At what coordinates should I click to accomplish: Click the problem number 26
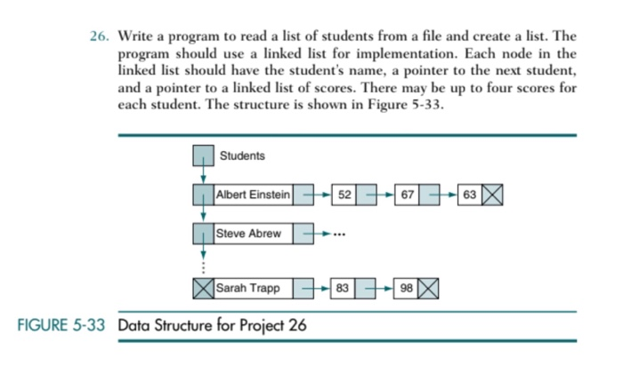(99, 36)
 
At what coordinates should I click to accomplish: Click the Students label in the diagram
(242, 156)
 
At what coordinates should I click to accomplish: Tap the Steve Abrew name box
(249, 234)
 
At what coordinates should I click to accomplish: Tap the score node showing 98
(405, 289)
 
